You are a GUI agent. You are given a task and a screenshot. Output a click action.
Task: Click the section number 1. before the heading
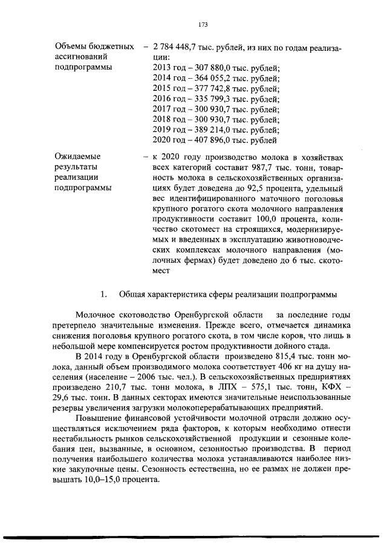point(103,294)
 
